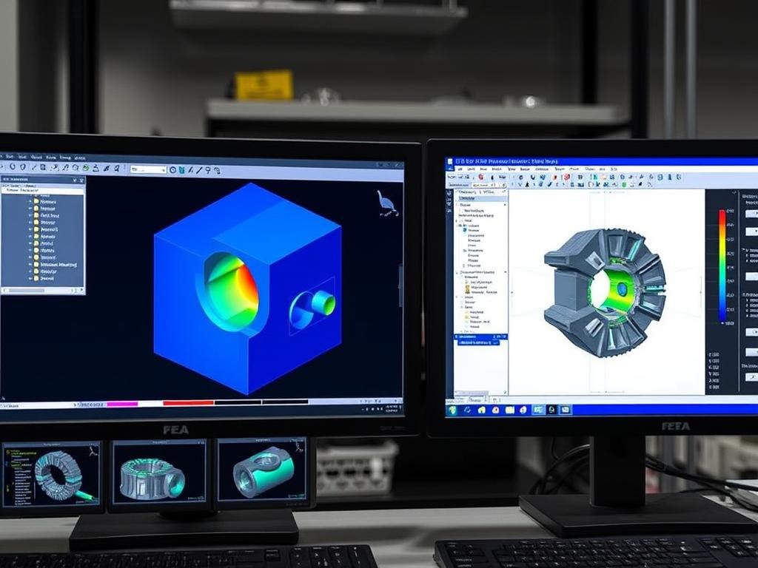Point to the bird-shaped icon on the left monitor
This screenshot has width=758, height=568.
pos(387,204)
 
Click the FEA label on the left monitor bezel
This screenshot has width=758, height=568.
pos(175,430)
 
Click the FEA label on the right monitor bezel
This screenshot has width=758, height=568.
pos(675,426)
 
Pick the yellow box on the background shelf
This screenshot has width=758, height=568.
pos(264,84)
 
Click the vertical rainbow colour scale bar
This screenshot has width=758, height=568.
pos(722,266)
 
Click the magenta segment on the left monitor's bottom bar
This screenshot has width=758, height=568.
pos(122,404)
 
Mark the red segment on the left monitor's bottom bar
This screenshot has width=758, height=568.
pos(188,403)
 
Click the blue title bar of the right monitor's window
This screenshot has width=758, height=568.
pos(592,160)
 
